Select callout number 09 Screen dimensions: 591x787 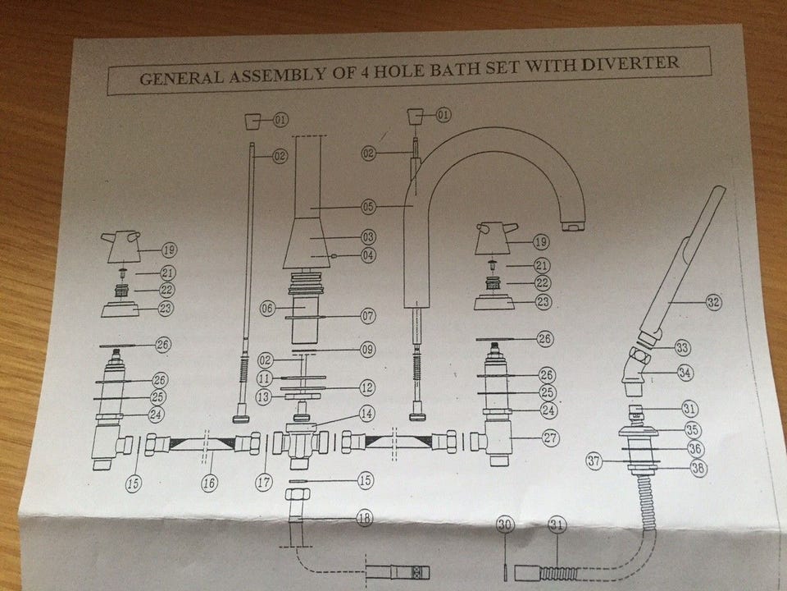pyautogui.click(x=367, y=350)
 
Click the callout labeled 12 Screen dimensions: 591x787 pyautogui.click(x=367, y=386)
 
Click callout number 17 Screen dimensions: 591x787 pyautogui.click(x=262, y=483)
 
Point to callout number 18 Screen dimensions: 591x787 pyautogui.click(x=364, y=518)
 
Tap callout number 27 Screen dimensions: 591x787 pyautogui.click(x=550, y=438)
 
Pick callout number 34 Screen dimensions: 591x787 pyautogui.click(x=685, y=372)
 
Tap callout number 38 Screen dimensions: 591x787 pyautogui.click(x=699, y=468)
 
